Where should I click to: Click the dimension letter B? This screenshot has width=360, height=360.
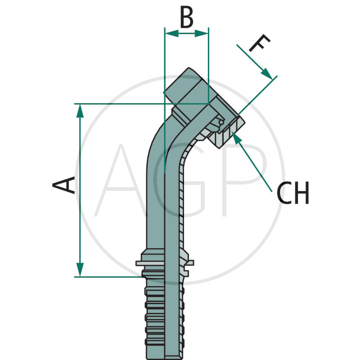point(186,18)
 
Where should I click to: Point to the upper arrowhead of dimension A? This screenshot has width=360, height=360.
point(80,110)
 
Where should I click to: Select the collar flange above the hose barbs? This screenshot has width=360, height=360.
point(164,263)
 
